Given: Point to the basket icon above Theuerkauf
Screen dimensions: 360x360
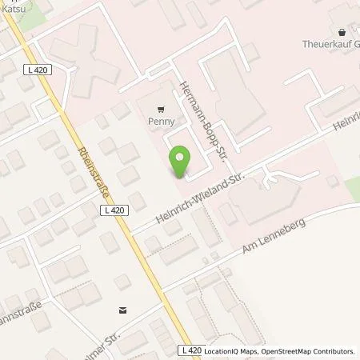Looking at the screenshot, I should pyautogui.click(x=344, y=33).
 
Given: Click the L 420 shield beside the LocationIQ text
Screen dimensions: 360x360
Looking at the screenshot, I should pyautogui.click(x=191, y=350).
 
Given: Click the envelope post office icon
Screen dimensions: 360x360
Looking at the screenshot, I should pyautogui.click(x=122, y=309).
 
